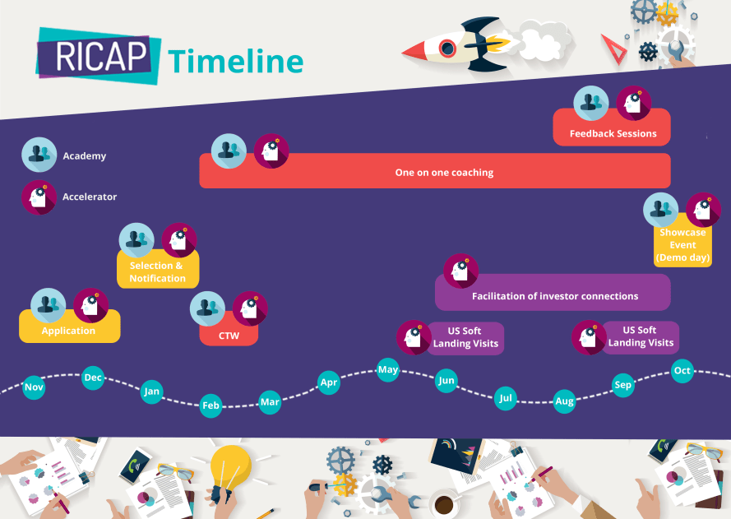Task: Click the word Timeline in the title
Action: pos(236,61)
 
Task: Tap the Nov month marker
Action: pos(34,387)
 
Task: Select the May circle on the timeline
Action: pos(388,370)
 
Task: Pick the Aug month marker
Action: pos(564,401)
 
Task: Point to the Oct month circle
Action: pos(682,371)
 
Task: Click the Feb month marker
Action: pos(211,405)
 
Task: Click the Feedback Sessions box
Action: pos(613,132)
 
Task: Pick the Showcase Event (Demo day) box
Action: pos(682,245)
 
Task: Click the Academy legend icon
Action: pos(39,155)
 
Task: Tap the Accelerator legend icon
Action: pos(39,197)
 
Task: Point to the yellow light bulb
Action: pos(230,469)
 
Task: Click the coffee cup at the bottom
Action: pos(445,502)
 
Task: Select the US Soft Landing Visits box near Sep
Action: pos(641,336)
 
